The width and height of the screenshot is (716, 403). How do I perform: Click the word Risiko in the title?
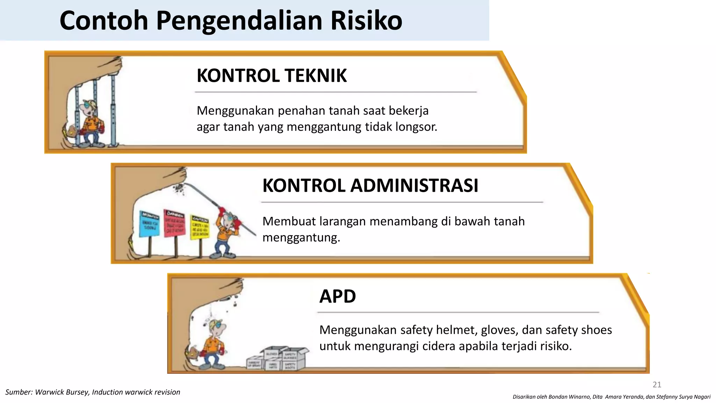[366, 21]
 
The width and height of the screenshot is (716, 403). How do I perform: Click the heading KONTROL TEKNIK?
[272, 76]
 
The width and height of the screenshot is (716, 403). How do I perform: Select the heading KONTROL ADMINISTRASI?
[370, 185]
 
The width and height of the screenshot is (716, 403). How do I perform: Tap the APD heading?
[337, 296]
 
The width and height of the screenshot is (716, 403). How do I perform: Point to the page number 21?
[657, 384]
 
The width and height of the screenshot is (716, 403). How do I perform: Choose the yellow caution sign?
[200, 227]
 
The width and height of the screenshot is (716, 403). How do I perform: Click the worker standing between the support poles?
[92, 122]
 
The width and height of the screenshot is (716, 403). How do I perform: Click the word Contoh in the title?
[104, 21]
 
